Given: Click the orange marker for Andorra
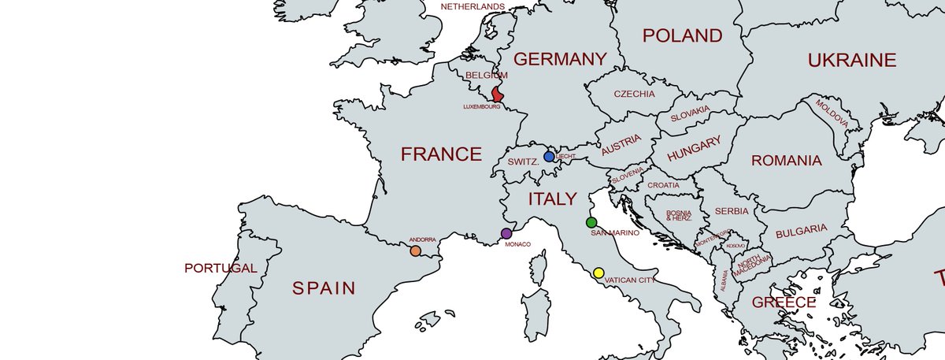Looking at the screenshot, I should tap(415, 251).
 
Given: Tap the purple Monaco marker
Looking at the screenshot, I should tap(506, 233).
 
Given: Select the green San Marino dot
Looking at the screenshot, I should tap(591, 223).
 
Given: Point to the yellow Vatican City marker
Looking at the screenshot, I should tap(598, 273).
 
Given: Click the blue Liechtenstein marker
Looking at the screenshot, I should tap(549, 157).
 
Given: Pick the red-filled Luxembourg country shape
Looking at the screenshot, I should tap(498, 95).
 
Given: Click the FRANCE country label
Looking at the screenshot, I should tap(441, 154).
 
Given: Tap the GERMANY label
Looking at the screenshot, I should tap(560, 59).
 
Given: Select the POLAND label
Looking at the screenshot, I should tap(682, 35).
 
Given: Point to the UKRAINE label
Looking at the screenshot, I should tap(852, 60).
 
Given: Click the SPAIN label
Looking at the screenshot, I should tap(324, 288).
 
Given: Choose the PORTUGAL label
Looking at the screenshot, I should tap(220, 268).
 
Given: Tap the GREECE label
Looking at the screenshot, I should tap(784, 302).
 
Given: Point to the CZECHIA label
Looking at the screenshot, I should tap(634, 94).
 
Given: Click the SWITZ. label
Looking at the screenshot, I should tap(523, 161).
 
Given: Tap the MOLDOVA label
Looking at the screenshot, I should tap(832, 114).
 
